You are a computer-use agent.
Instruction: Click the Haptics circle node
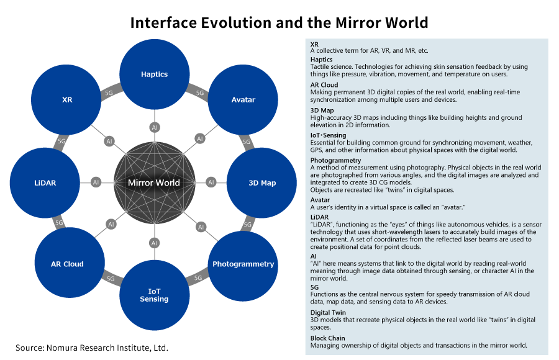click(154, 74)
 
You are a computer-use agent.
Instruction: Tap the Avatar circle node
click(243, 99)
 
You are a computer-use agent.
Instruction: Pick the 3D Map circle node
click(261, 182)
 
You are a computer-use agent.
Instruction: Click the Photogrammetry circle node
click(243, 264)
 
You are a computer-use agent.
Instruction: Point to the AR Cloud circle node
click(67, 264)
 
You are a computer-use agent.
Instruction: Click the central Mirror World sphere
click(154, 182)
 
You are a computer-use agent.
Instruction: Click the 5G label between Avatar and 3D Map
click(246, 142)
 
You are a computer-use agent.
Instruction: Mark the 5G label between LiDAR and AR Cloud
click(60, 223)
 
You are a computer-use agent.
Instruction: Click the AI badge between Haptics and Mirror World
click(154, 127)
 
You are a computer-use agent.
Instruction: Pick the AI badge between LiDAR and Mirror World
click(96, 182)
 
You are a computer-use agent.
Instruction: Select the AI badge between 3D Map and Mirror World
click(211, 182)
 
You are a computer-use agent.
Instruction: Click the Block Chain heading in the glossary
click(327, 338)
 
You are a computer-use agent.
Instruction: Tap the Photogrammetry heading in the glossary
click(335, 160)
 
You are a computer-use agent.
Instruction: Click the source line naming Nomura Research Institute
click(92, 348)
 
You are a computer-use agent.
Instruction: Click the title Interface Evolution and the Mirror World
click(279, 23)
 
